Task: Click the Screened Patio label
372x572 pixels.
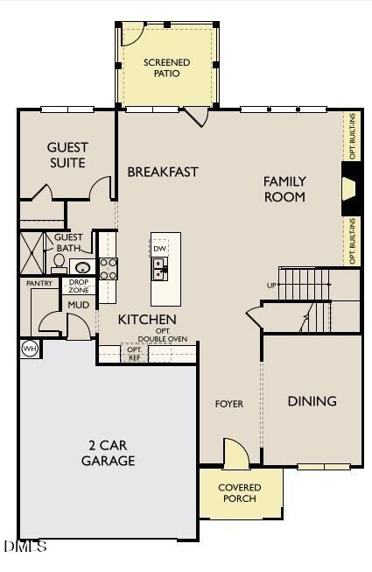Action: click(x=166, y=67)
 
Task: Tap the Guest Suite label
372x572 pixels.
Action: click(x=67, y=155)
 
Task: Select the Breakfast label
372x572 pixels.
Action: click(x=163, y=172)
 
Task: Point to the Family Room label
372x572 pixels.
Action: click(x=284, y=189)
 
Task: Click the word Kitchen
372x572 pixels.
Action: click(x=147, y=320)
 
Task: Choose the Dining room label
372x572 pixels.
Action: click(x=312, y=401)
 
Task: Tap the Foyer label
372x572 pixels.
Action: click(x=229, y=404)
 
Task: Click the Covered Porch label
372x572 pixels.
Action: click(x=239, y=493)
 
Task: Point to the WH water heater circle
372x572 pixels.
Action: click(x=29, y=349)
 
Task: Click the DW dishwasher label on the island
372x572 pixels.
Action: click(x=159, y=249)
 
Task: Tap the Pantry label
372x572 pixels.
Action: click(x=39, y=283)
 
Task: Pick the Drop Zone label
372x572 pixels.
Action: click(x=79, y=286)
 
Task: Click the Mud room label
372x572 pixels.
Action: click(x=79, y=305)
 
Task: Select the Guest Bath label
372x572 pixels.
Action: click(x=68, y=243)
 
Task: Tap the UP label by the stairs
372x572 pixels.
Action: click(x=271, y=286)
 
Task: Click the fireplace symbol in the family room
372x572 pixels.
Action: click(x=348, y=189)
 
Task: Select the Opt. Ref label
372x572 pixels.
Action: click(x=134, y=354)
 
